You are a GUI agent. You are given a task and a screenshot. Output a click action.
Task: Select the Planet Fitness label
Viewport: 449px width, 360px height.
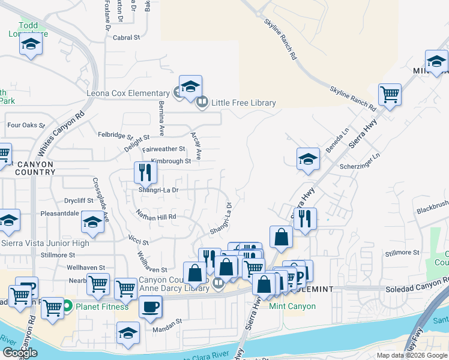point(101,307)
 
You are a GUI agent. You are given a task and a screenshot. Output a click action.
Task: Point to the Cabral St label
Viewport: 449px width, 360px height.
point(126,37)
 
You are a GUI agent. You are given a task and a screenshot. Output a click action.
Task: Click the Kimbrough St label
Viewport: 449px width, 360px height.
point(170,161)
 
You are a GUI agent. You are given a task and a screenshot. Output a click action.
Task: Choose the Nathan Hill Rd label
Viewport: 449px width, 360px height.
point(156,216)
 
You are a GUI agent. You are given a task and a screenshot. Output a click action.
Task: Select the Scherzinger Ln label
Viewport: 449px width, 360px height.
point(360,166)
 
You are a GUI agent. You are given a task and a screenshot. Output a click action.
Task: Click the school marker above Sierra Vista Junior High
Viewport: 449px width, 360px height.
point(92,223)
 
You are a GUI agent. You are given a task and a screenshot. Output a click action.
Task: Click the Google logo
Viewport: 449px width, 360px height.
point(19,353)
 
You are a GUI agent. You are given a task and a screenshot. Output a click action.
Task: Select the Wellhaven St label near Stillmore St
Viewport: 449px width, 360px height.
point(86,268)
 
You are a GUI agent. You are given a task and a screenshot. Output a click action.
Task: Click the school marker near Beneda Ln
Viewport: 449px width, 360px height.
point(308,159)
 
